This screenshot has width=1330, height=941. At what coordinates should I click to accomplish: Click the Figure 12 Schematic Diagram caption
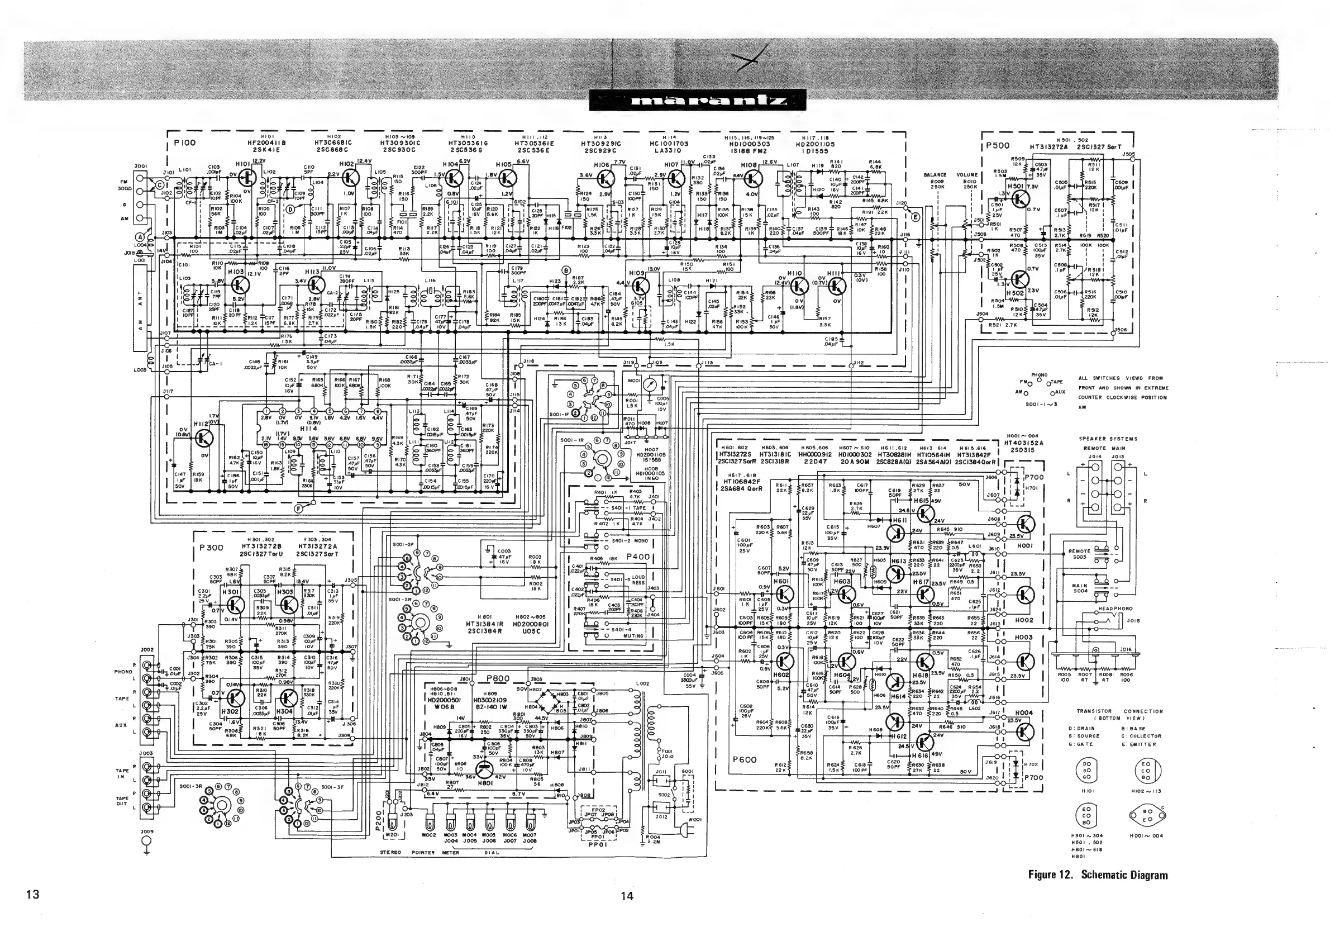[x=1098, y=875]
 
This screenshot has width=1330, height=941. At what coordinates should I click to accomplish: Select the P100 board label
[x=185, y=143]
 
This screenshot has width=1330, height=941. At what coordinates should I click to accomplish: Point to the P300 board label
[x=211, y=548]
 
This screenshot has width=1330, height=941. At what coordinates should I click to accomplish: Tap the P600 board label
[x=745, y=759]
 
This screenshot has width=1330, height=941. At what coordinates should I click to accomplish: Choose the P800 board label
[x=498, y=678]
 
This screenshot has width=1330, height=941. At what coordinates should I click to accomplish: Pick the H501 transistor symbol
[x=1018, y=199]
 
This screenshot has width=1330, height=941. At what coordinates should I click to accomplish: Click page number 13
[x=33, y=894]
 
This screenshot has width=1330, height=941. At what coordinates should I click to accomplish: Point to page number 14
[x=627, y=896]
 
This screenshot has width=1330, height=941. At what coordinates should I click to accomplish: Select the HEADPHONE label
[x=1115, y=609]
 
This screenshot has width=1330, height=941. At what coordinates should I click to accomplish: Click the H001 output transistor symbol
[x=1026, y=524]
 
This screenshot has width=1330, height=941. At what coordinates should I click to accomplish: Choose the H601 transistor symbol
[x=784, y=594]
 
